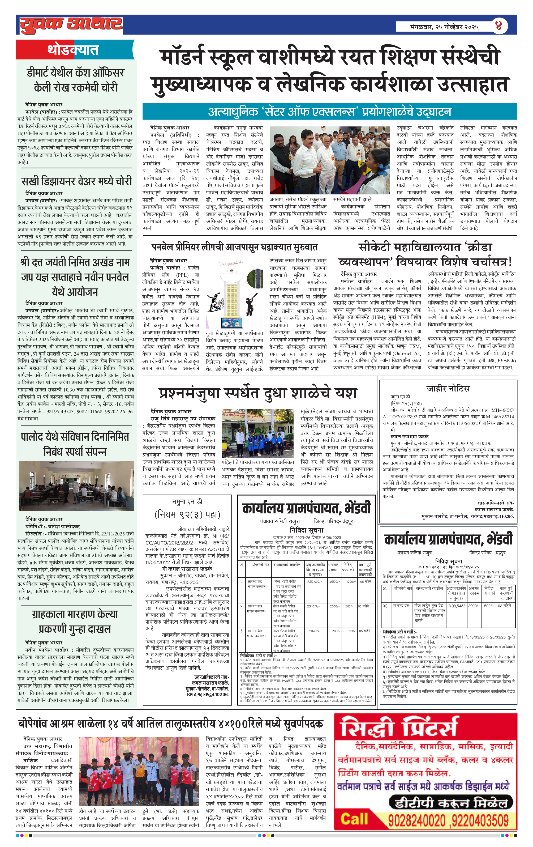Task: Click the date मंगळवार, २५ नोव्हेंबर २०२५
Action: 444,27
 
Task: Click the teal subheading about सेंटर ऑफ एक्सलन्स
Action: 329,112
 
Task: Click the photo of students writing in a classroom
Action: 76,486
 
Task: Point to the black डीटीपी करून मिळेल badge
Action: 451,803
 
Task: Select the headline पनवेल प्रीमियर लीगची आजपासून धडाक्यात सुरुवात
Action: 234,247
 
